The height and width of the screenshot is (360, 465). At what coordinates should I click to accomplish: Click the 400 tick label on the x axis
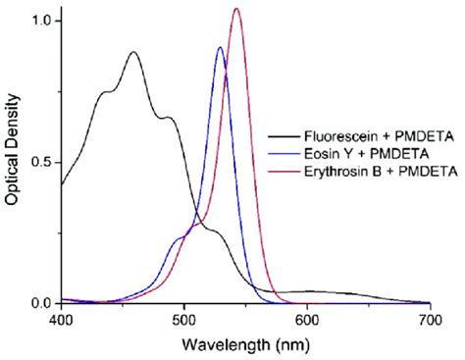61,320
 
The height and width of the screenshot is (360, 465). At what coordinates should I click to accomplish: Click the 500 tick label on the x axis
184,320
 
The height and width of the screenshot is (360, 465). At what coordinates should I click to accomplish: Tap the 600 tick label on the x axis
307,320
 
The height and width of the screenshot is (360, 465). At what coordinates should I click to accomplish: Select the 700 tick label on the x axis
430,320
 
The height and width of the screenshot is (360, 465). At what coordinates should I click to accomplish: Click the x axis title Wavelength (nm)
245,344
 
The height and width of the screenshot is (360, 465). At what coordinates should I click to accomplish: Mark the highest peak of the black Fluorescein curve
133,52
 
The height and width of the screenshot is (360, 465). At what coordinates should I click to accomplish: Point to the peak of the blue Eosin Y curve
220,47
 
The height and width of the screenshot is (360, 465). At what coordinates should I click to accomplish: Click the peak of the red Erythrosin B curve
236,9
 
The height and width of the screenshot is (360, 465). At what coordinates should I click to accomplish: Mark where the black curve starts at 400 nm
62,183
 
